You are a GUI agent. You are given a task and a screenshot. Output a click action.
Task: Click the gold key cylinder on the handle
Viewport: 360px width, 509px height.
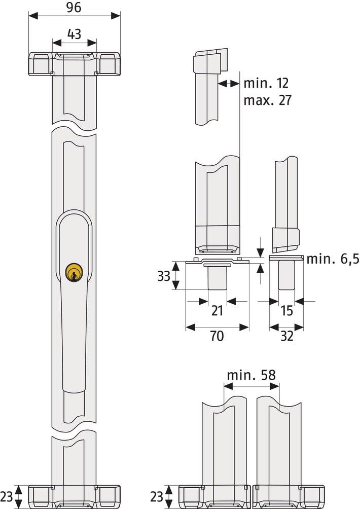click(74, 272)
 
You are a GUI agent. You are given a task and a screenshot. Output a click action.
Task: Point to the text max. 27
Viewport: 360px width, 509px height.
click(267, 100)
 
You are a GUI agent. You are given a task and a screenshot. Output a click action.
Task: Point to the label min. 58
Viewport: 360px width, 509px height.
click(251, 375)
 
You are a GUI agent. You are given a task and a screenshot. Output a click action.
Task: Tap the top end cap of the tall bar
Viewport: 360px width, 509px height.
click(74, 63)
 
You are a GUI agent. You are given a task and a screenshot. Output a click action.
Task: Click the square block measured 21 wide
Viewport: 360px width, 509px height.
click(218, 278)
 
